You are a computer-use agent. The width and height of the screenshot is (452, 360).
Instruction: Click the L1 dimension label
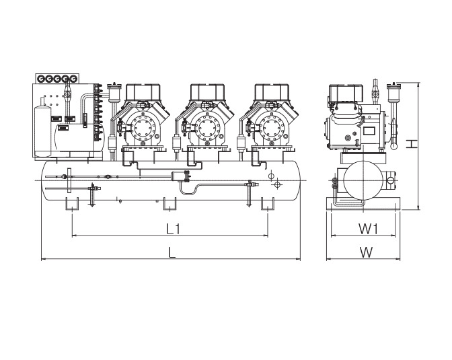pos(173,229)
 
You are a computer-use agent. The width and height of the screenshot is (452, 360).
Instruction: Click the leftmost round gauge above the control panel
pos(42,79)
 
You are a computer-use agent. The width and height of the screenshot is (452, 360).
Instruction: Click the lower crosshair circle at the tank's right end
pos(275,184)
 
